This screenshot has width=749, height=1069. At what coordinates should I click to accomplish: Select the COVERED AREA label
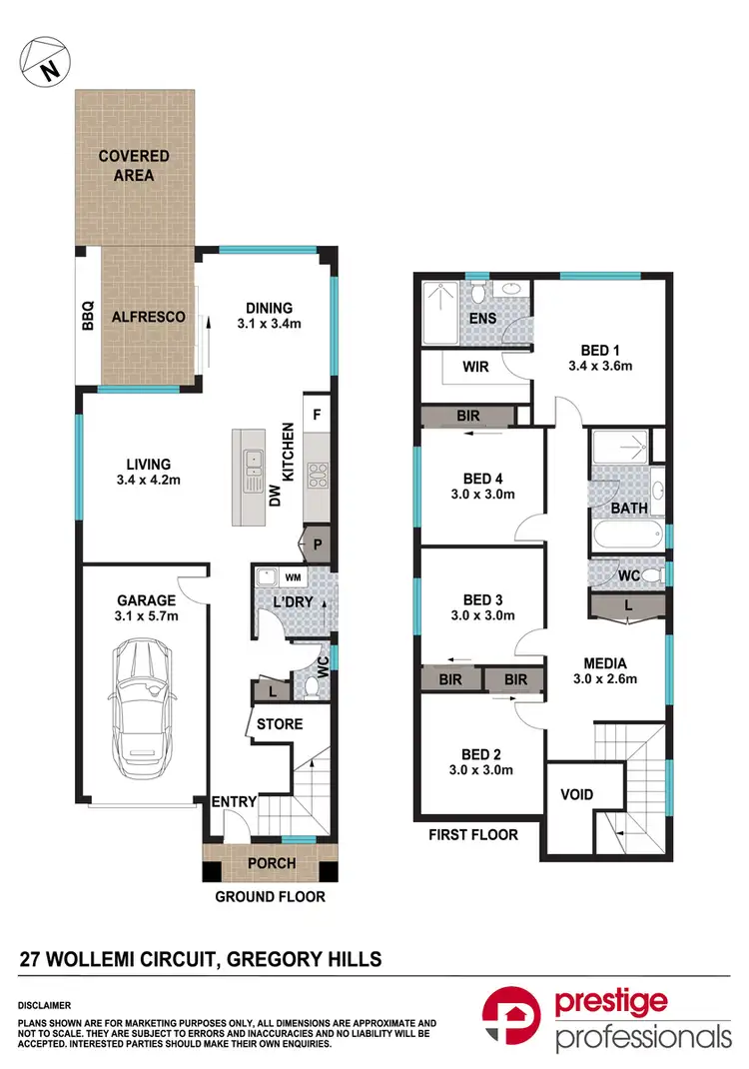tap(134, 166)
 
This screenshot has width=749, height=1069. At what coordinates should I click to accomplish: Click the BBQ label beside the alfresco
tap(87, 317)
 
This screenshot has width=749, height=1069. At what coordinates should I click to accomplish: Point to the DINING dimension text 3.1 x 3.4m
tap(270, 324)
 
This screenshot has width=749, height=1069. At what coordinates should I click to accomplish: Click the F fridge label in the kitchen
tap(317, 414)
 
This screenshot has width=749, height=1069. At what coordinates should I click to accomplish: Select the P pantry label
tap(318, 544)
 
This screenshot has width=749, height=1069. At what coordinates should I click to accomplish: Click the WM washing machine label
tap(294, 577)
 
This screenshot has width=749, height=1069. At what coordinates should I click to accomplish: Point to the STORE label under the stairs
tap(280, 723)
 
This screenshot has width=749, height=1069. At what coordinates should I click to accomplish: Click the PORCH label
tap(271, 863)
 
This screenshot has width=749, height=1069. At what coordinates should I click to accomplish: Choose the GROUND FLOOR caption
tap(271, 896)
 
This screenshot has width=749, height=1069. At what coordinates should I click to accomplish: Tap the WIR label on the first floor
tap(475, 367)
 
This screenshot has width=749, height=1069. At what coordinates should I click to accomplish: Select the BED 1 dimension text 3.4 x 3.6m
tap(600, 366)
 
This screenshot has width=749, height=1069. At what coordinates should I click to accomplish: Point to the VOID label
tap(577, 795)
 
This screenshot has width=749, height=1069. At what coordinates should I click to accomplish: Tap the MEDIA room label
tap(605, 662)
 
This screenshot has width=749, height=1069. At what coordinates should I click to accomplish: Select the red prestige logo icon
tap(512, 1018)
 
